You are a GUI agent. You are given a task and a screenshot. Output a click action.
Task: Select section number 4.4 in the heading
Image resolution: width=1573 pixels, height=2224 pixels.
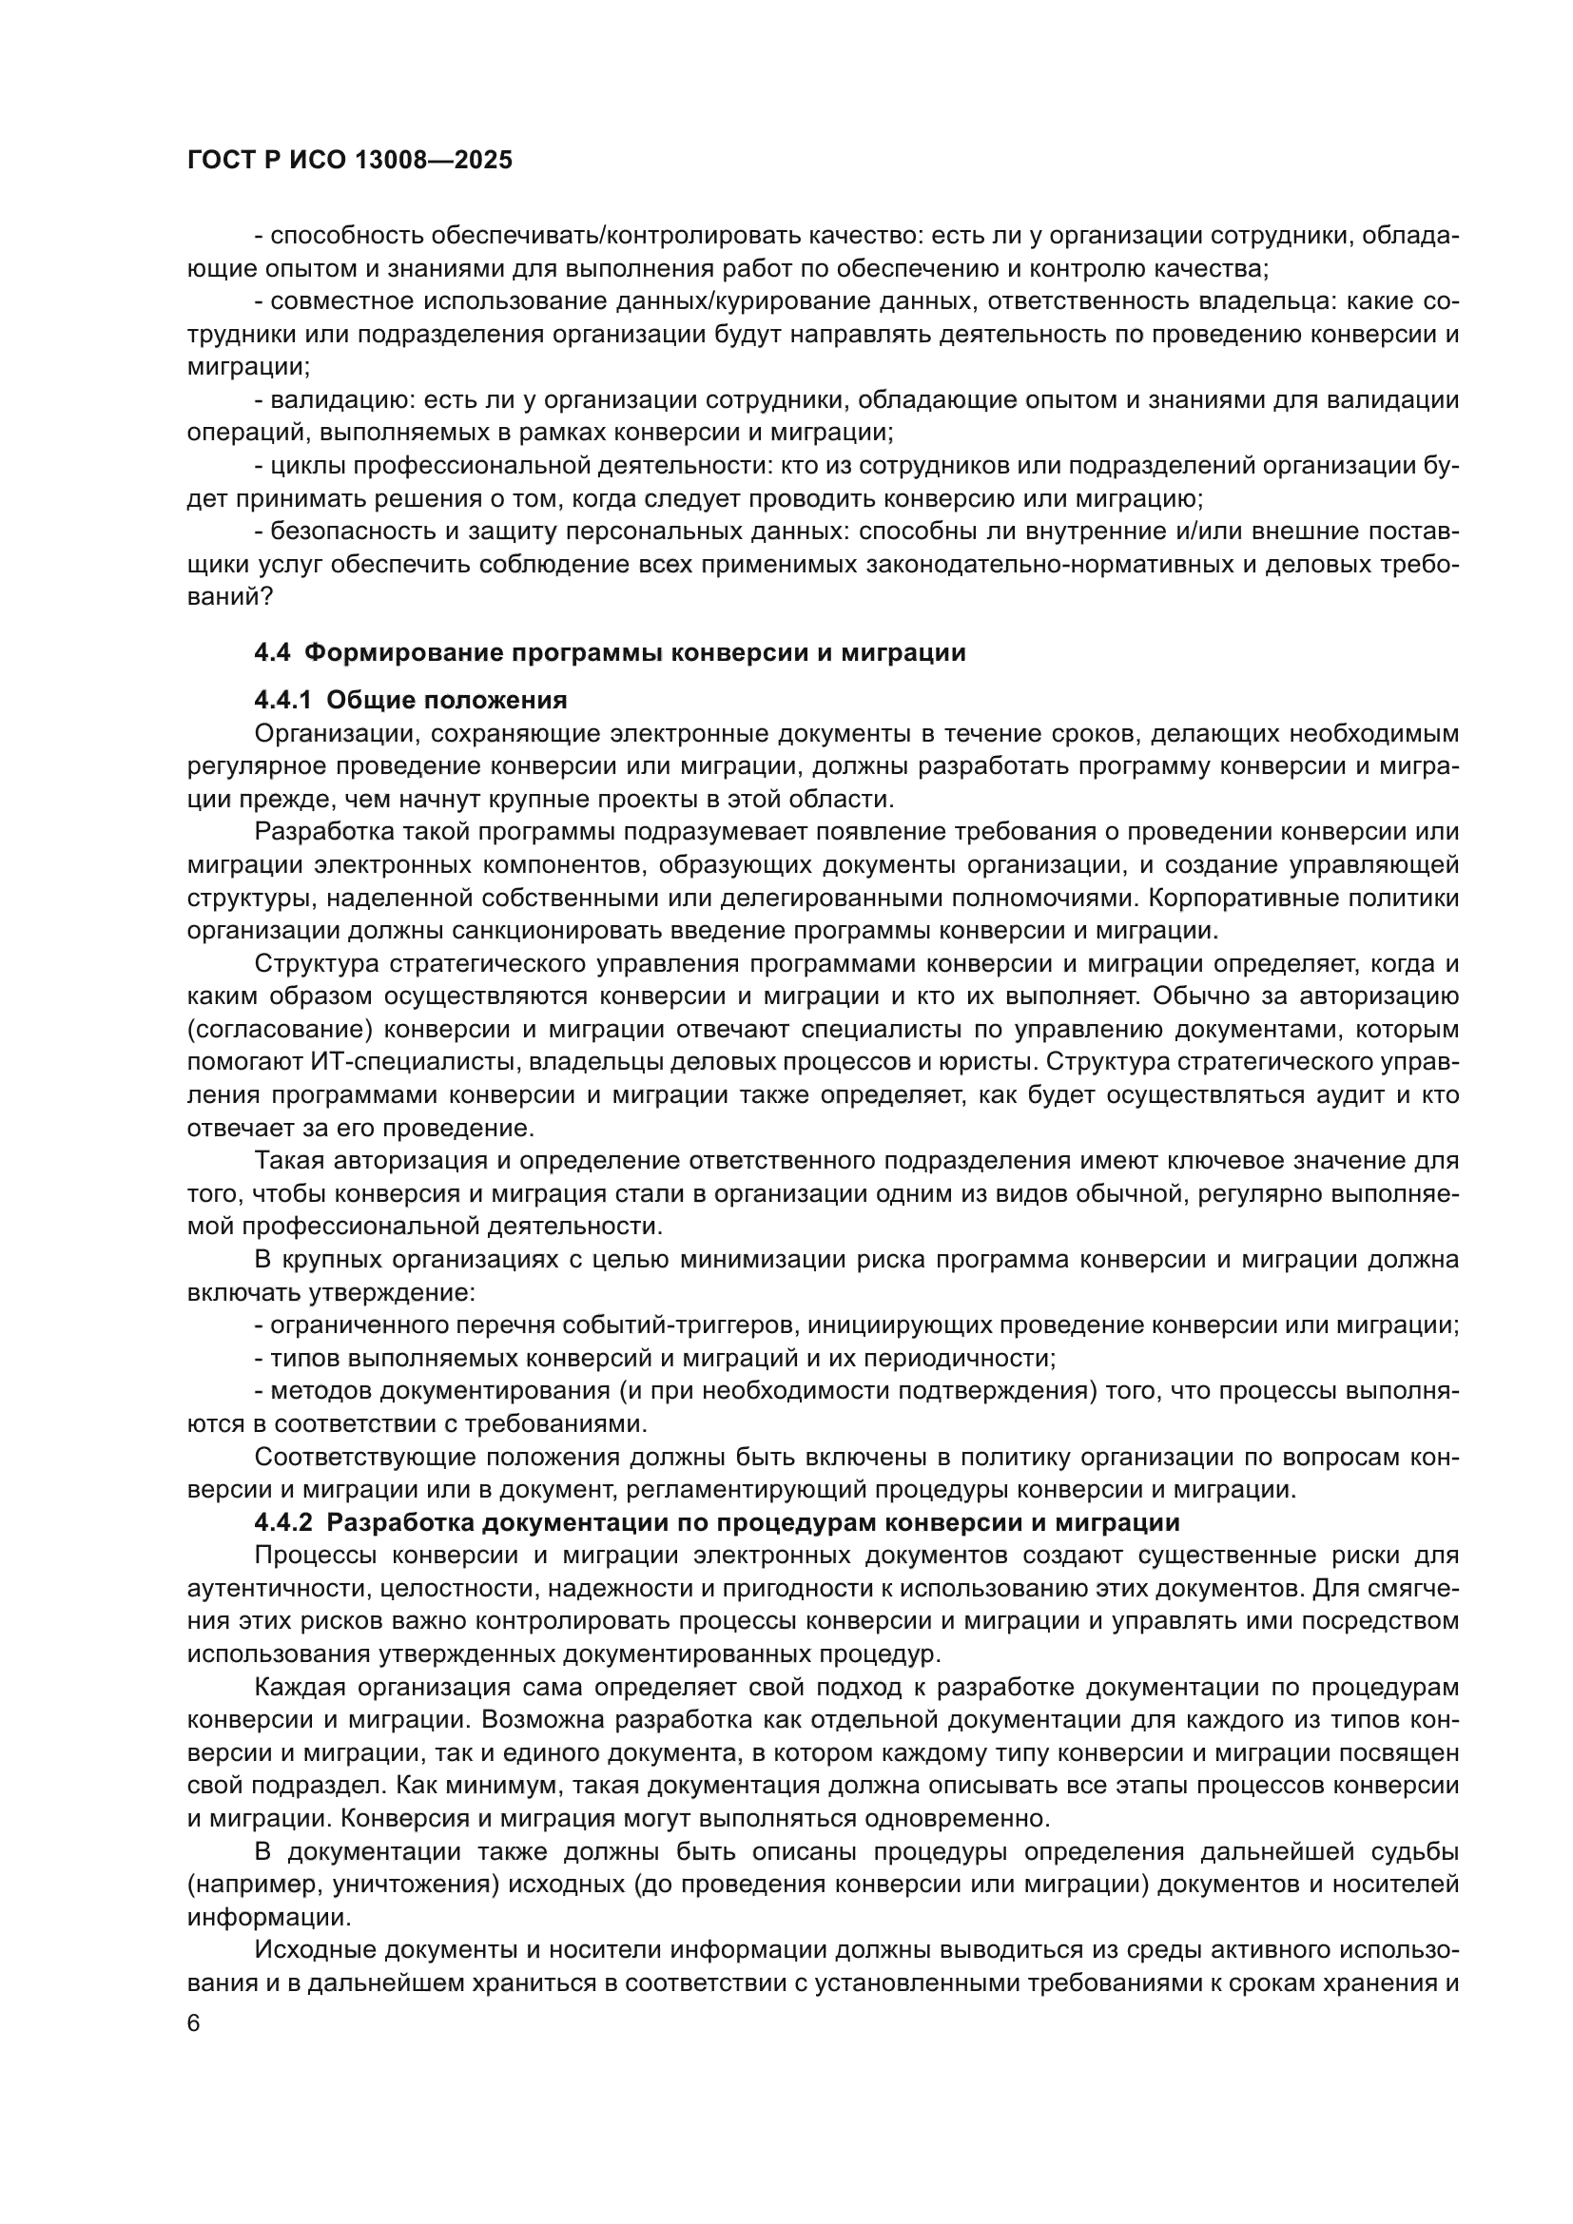(272, 653)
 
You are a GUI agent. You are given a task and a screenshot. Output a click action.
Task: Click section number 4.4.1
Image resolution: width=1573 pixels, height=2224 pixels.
(282, 700)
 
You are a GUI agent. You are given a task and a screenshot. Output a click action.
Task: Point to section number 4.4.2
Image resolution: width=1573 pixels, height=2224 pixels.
(282, 1522)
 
